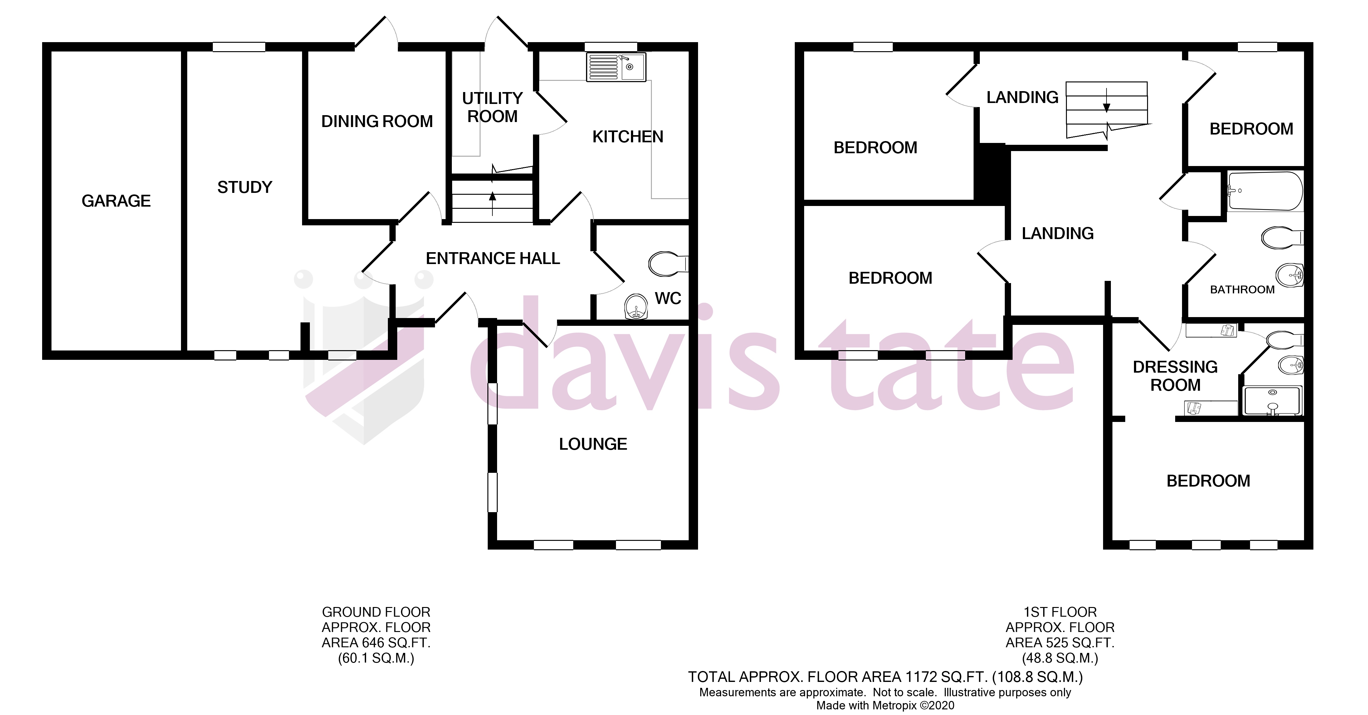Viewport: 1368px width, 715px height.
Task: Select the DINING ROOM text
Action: click(x=377, y=122)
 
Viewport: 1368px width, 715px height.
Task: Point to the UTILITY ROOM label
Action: click(x=492, y=107)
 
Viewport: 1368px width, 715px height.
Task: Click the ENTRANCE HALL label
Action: click(x=493, y=259)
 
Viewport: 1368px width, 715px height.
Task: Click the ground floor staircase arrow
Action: click(x=492, y=202)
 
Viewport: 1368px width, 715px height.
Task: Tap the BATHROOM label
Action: click(x=1242, y=290)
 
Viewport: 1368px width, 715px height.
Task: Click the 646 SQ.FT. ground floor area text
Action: click(x=376, y=643)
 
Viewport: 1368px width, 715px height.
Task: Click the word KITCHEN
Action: click(x=628, y=137)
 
